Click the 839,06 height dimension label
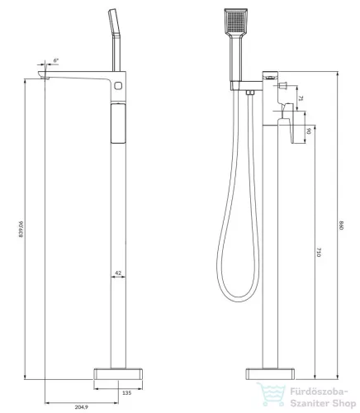[x=21, y=229]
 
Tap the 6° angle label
[x=56, y=60]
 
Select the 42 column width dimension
[x=118, y=273]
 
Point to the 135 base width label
[x=126, y=393]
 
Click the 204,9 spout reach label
[x=82, y=407]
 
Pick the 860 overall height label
[x=342, y=225]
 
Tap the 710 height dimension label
[x=319, y=253]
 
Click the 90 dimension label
[x=309, y=131]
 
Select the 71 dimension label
[x=301, y=98]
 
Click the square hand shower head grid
[x=236, y=21]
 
